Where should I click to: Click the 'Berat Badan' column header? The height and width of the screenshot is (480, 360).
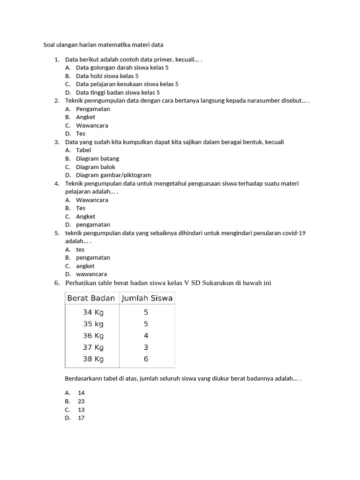pyautogui.click(x=91, y=298)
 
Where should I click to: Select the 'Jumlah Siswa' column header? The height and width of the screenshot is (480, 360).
pyautogui.click(x=147, y=298)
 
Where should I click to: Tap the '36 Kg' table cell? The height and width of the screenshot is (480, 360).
pyautogui.click(x=93, y=336)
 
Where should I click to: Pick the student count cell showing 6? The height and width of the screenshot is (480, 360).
pyautogui.click(x=146, y=359)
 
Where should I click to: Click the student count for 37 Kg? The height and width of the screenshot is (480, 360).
pyautogui.click(x=146, y=347)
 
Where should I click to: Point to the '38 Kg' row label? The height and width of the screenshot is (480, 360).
pyautogui.click(x=93, y=359)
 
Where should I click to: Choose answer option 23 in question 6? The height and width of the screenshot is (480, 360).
pyautogui.click(x=81, y=401)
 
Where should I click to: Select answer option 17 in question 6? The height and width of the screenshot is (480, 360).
pyautogui.click(x=81, y=418)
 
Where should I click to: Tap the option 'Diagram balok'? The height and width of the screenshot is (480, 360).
pyautogui.click(x=96, y=167)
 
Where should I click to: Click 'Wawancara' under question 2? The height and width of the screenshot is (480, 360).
pyautogui.click(x=92, y=126)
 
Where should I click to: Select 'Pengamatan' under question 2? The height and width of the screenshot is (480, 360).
pyautogui.click(x=93, y=109)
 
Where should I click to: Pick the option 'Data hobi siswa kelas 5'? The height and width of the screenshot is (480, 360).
pyautogui.click(x=107, y=76)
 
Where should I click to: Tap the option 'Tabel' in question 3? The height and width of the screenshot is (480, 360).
pyautogui.click(x=83, y=150)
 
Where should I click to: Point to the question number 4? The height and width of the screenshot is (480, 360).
pyautogui.click(x=56, y=183)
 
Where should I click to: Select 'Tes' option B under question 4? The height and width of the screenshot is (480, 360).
pyautogui.click(x=81, y=208)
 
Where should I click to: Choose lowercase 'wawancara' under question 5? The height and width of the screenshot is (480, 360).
pyautogui.click(x=91, y=274)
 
